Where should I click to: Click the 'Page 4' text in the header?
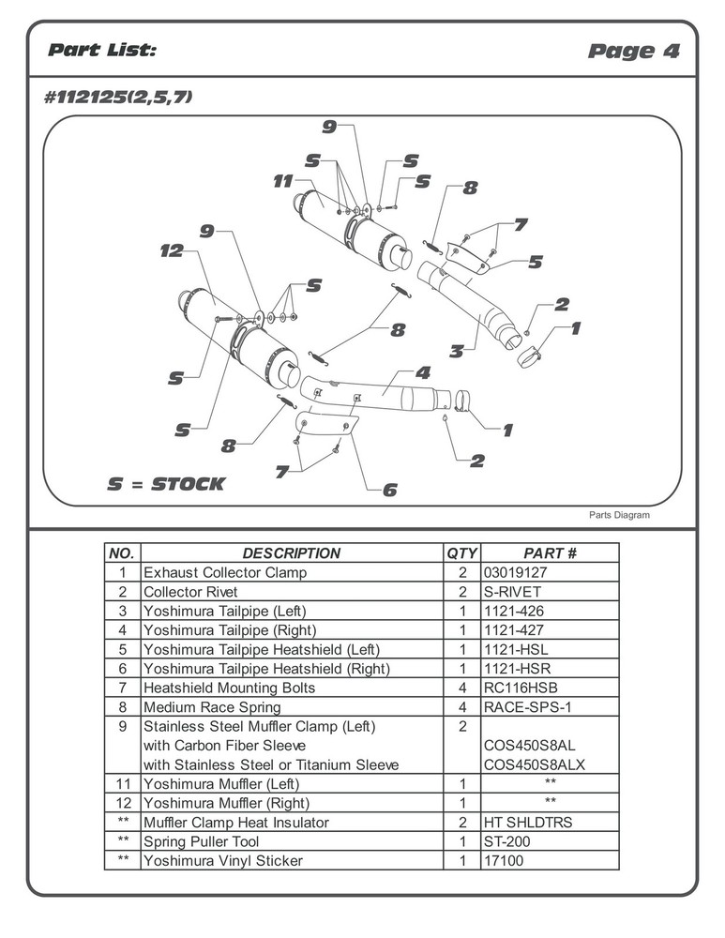point(633,51)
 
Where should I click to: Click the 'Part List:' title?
point(102,50)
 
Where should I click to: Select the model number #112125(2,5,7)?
point(118,97)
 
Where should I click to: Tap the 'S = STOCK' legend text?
point(166,484)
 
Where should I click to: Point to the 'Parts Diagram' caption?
point(619,515)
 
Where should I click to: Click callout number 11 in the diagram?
point(283,182)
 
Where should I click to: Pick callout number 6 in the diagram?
point(389,489)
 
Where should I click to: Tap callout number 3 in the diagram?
point(456,352)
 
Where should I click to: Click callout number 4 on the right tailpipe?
point(423,371)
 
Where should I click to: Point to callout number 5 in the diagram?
point(535,262)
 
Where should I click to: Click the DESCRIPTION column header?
point(291,553)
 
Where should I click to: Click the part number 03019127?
point(514,572)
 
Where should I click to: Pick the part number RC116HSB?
point(515,688)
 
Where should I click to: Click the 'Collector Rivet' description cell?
point(190,592)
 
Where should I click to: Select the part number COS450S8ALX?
point(534,764)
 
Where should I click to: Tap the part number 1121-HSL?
point(512,649)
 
